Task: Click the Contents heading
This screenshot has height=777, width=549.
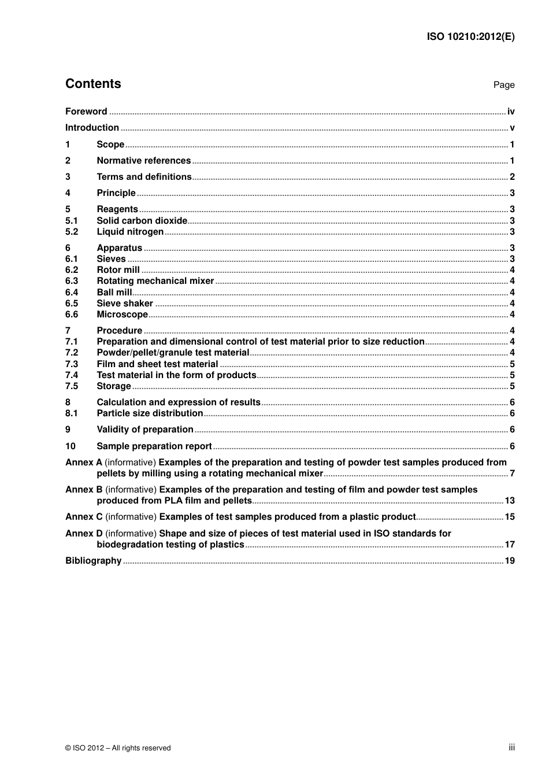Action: point(93,84)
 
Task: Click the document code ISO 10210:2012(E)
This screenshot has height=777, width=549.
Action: point(470,36)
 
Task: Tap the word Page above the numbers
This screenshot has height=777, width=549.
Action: point(503,85)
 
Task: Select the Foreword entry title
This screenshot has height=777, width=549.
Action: point(86,112)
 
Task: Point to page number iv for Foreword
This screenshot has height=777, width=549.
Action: point(511,112)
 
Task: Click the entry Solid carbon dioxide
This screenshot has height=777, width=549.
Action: point(142,221)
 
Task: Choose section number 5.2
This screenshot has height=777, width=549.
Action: point(71,232)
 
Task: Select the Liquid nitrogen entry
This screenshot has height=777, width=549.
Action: point(130,232)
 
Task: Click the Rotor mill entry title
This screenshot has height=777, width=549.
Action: point(118,270)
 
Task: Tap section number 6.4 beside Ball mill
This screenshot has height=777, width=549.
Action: point(71,293)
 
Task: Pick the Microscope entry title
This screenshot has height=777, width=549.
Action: point(122,314)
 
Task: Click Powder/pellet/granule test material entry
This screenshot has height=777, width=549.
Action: point(173,353)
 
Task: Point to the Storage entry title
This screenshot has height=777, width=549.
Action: point(114,386)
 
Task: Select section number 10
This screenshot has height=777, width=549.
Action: point(70,446)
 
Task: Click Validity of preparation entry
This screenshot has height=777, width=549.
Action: point(144,430)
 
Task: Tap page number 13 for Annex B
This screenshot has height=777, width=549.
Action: point(509,501)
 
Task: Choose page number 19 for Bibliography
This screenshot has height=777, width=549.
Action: point(509,561)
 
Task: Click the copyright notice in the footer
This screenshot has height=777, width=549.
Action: point(118,748)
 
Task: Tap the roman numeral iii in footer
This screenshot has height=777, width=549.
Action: point(511,748)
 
